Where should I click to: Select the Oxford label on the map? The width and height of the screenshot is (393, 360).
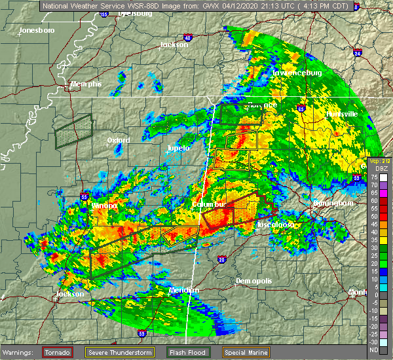pyautogui.click(x=119, y=140)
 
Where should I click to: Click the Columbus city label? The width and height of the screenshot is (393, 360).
pyautogui.click(x=208, y=204)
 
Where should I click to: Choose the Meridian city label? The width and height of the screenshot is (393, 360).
pyautogui.click(x=183, y=290)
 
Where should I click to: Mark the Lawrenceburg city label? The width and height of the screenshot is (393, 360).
pyautogui.click(x=298, y=73)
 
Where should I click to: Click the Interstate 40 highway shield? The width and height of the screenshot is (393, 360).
pyautogui.click(x=188, y=38)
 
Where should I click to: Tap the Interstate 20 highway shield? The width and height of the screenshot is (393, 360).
pyautogui.click(x=221, y=261)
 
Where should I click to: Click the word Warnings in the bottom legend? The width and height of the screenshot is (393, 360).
pyautogui.click(x=19, y=352)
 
